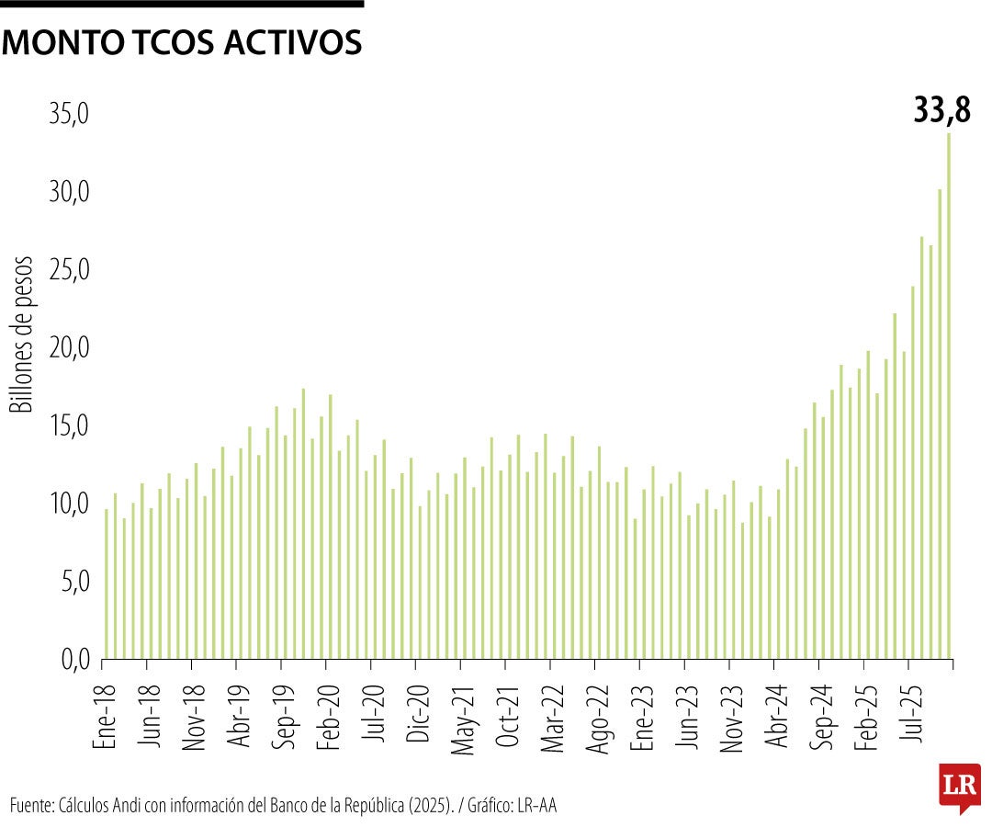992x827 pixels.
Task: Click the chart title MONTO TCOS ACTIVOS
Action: pyautogui.click(x=182, y=42)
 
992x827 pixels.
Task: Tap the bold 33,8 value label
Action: pyautogui.click(x=941, y=110)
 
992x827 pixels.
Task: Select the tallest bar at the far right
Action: pyautogui.click(x=949, y=395)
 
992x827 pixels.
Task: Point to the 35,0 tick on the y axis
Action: pyautogui.click(x=70, y=114)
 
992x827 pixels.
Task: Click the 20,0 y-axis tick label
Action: pyautogui.click(x=70, y=348)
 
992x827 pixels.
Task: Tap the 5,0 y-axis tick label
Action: pyautogui.click(x=74, y=582)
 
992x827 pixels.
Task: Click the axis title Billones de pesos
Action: pyautogui.click(x=21, y=335)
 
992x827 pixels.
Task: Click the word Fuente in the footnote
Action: pyautogui.click(x=30, y=806)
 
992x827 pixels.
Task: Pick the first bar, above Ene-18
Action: pyautogui.click(x=107, y=583)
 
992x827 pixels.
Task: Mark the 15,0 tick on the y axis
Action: pyautogui.click(x=70, y=426)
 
